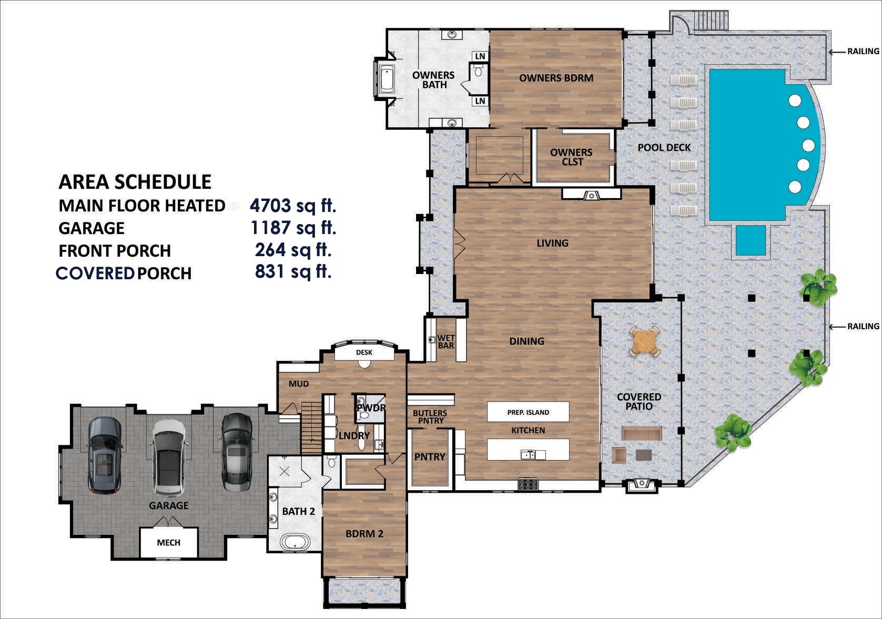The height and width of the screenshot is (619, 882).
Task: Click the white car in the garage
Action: click(x=169, y=458)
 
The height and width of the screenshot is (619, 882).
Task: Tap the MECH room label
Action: click(x=168, y=542)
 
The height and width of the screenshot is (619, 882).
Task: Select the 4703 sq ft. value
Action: click(x=293, y=205)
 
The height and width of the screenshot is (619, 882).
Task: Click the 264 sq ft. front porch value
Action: click(x=293, y=249)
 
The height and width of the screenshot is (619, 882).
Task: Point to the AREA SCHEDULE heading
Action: click(x=135, y=182)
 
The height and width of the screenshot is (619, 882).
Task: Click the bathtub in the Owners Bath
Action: click(x=387, y=79)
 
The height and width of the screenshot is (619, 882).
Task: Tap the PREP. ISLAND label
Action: click(x=528, y=412)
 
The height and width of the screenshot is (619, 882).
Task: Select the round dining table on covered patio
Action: click(x=645, y=342)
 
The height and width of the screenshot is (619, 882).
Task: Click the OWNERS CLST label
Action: click(x=571, y=157)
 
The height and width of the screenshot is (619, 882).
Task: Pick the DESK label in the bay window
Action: click(x=364, y=352)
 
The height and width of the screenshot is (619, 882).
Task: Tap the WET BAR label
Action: click(x=446, y=342)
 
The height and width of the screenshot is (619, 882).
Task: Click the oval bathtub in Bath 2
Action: click(x=295, y=542)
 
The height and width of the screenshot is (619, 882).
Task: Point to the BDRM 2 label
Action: click(x=364, y=534)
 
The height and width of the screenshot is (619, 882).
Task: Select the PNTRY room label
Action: click(x=430, y=457)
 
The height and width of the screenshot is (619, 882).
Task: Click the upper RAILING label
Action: click(x=863, y=52)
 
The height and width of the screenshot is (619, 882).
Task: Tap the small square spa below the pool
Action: click(x=751, y=240)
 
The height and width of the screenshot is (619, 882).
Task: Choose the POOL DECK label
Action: click(x=664, y=148)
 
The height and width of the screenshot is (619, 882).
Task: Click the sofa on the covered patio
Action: click(x=641, y=433)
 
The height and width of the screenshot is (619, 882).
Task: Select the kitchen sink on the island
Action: click(x=528, y=455)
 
